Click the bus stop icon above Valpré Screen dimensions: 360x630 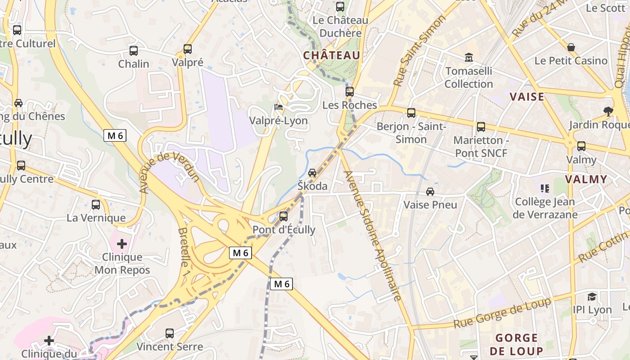coord(188,49)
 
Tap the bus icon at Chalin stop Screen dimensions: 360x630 coord(134,50)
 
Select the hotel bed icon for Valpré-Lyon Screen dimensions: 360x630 coord(279,107)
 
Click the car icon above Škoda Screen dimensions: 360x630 coord(312,173)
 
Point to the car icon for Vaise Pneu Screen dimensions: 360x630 coord(430,192)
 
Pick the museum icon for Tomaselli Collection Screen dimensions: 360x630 coord(469,58)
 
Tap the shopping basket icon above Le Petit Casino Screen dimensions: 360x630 coord(571,47)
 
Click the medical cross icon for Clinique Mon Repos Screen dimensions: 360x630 coord(122,244)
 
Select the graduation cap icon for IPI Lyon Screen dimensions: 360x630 coord(592,297)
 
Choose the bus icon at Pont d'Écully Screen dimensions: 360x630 coord(283,216)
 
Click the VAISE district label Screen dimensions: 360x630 coord(527,97)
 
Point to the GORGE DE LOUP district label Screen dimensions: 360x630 coord(516,344)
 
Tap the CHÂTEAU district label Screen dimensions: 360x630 coord(332,55)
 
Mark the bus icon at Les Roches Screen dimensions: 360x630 coord(350,92)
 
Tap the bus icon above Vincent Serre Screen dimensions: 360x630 coord(170,333)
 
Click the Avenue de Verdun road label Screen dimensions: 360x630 coord(169,173)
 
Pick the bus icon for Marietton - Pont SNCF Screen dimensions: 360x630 coord(481,127)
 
